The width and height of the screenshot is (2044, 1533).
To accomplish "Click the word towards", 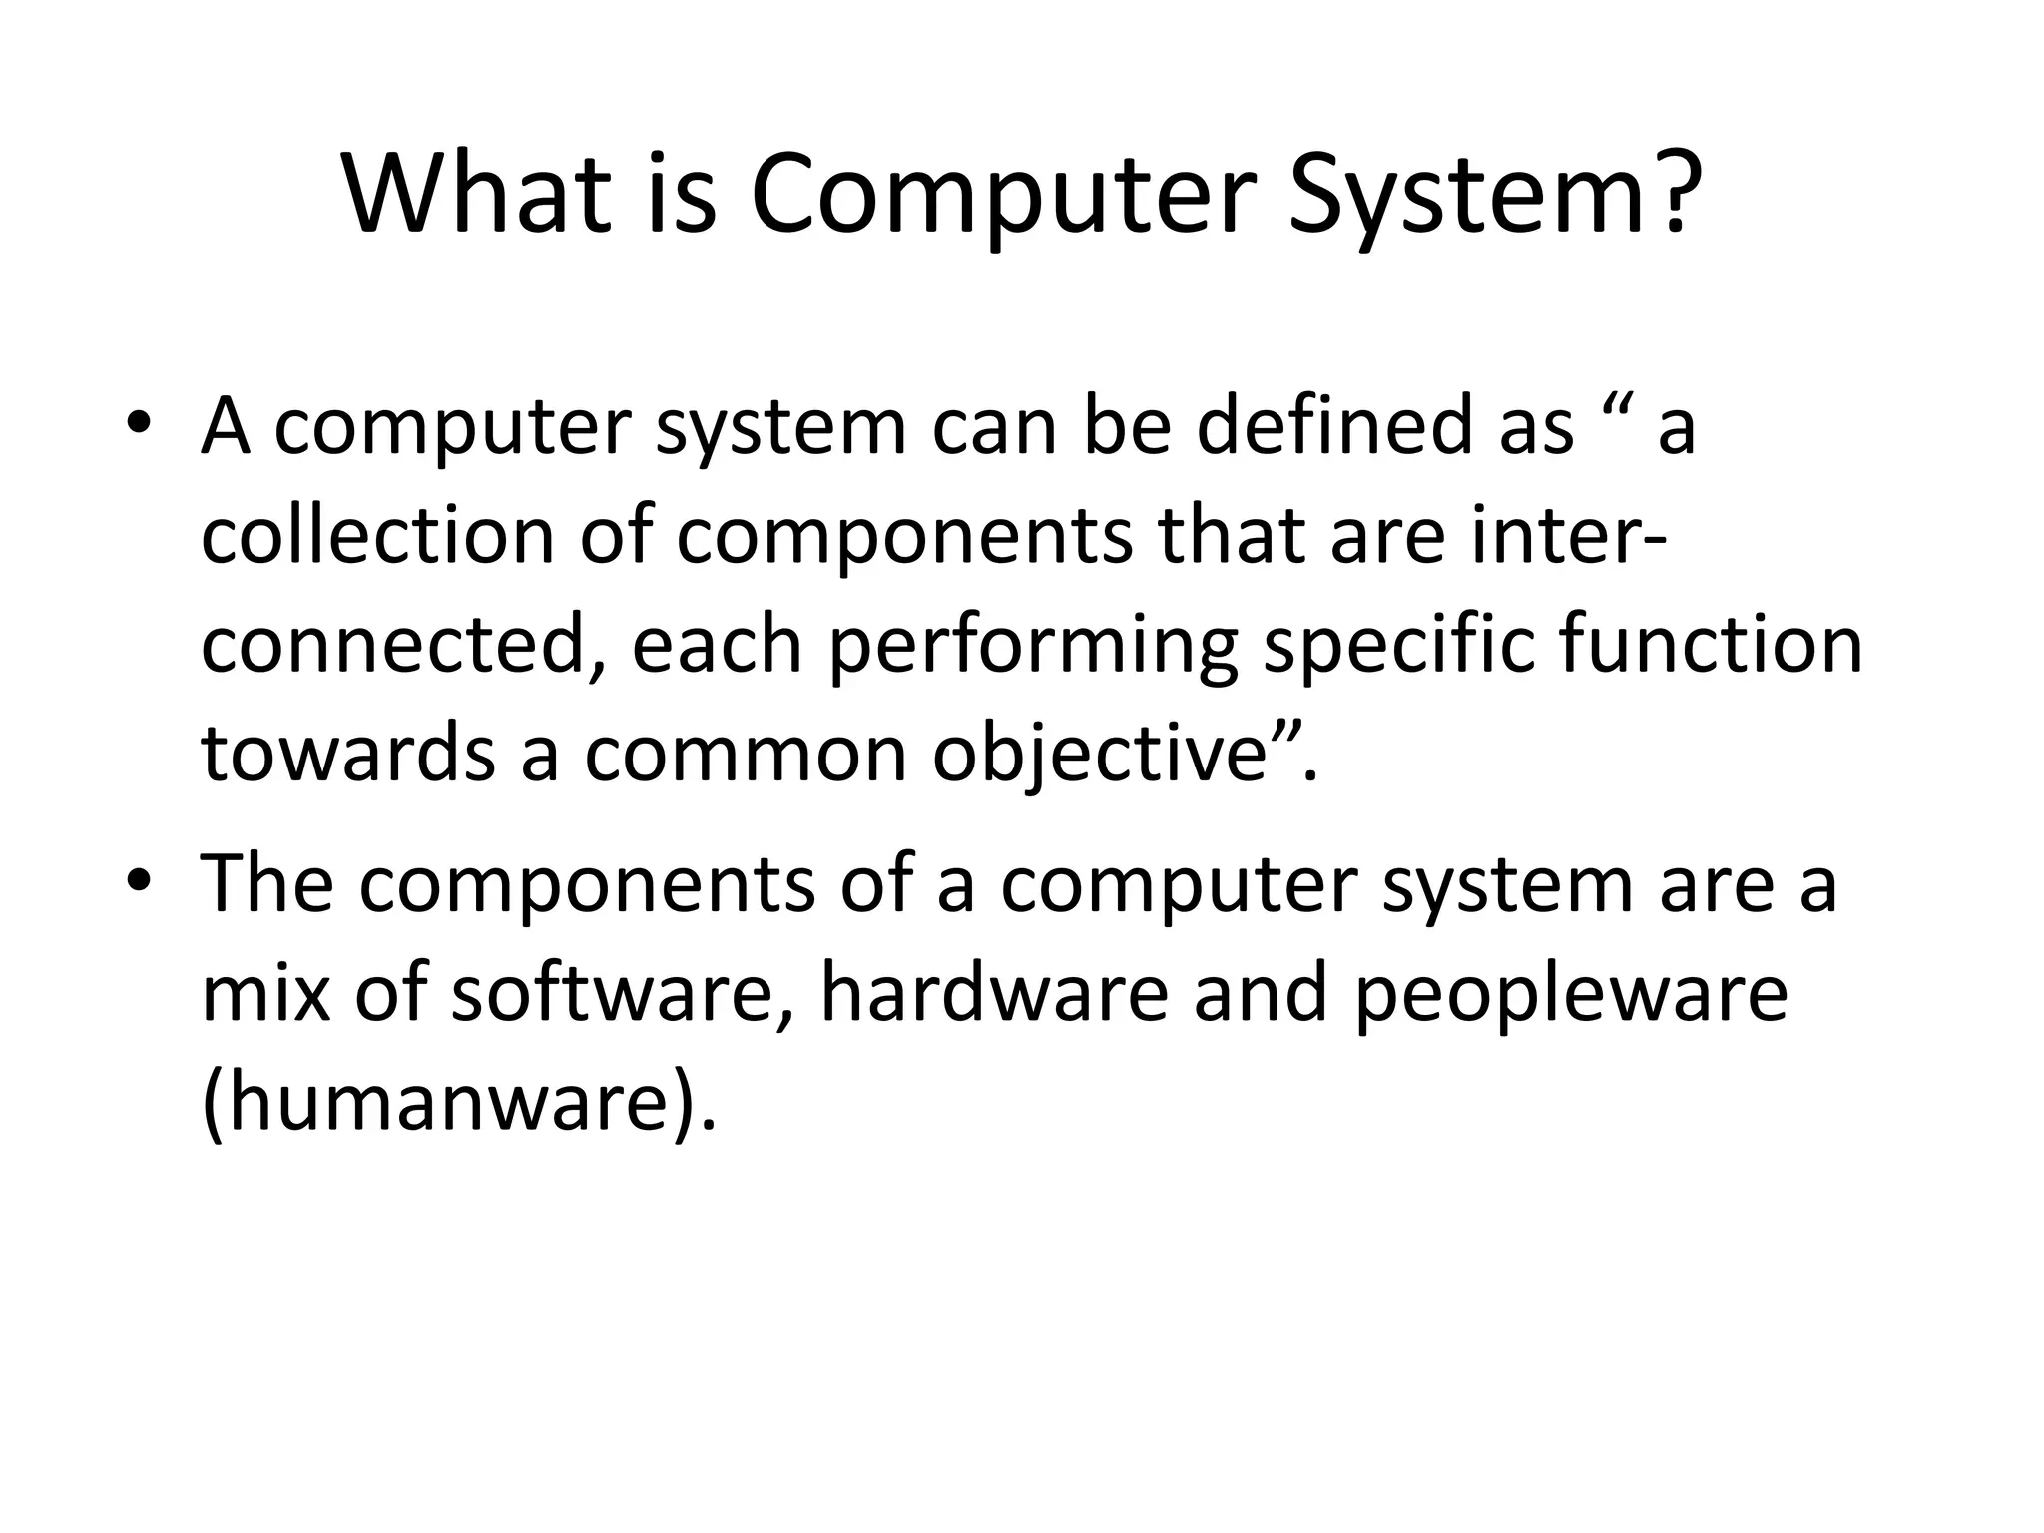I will pyautogui.click(x=348, y=754).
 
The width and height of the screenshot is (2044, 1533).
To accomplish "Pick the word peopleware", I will pyautogui.click(x=1572, y=996).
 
